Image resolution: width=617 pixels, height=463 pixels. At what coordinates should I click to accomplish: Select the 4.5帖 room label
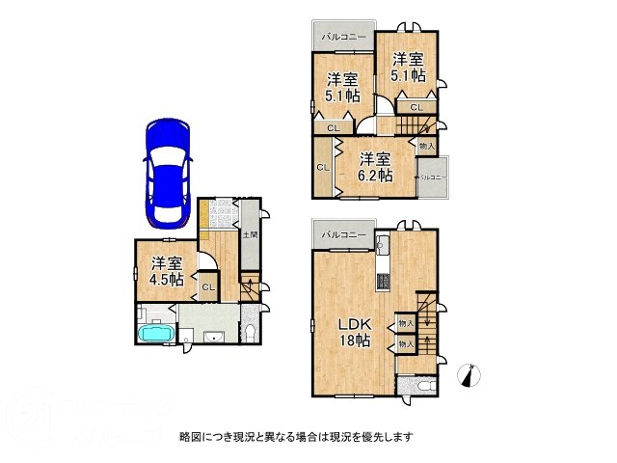(167, 270)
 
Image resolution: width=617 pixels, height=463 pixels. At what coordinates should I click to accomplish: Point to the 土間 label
(248, 234)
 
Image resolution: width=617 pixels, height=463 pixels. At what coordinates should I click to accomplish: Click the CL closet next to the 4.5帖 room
(207, 286)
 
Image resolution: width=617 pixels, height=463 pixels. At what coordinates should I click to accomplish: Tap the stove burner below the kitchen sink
(383, 283)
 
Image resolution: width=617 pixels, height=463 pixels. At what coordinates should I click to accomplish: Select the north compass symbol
(469, 373)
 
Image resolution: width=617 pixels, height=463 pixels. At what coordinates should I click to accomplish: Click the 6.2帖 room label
(377, 167)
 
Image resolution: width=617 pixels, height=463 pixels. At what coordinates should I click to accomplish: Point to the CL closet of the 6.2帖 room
(322, 168)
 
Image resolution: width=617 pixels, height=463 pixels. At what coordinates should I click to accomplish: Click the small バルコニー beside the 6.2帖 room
(430, 177)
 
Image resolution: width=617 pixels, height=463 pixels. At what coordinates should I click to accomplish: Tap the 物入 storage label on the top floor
(425, 145)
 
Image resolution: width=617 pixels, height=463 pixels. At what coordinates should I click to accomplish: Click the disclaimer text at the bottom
(297, 436)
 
